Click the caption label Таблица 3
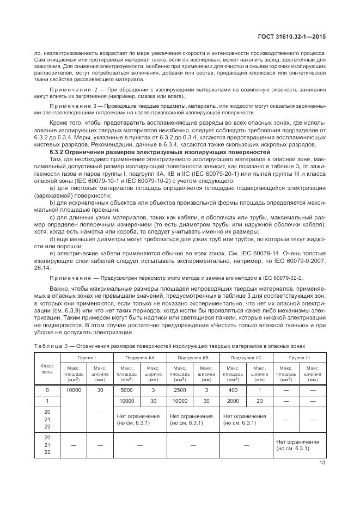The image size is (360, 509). click(48, 346)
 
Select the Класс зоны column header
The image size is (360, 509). click(47, 369)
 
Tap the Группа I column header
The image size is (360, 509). click(87, 357)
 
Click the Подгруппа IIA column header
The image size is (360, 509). click(139, 357)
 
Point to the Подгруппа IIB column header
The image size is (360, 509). click(192, 357)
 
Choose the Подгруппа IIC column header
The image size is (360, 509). click(246, 357)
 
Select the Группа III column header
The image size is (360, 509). click(299, 357)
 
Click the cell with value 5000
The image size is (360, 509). click(126, 390)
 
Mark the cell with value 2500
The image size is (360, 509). click(179, 390)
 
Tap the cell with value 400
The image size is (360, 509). click(233, 390)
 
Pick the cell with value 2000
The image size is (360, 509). click(233, 401)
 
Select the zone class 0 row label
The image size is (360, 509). click(47, 390)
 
